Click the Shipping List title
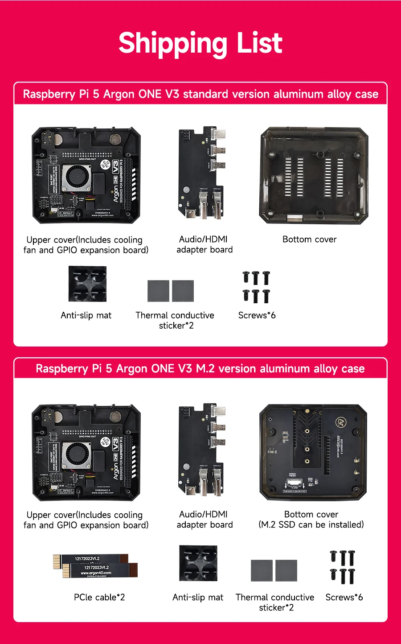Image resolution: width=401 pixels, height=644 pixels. coord(200,43)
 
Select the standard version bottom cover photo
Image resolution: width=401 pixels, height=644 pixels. coord(314,175)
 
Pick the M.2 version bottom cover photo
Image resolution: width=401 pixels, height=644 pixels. coord(313,452)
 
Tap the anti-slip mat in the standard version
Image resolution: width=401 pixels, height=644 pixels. coord(87,284)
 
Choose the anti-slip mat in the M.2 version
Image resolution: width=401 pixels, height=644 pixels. coord(198,563)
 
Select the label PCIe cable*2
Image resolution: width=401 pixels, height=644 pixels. coord(99,597)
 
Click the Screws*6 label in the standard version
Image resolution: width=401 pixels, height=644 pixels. coord(257,315)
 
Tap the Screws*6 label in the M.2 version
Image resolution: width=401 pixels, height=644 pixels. coord(344,597)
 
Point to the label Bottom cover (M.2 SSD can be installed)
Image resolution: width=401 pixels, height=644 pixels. coord(311,520)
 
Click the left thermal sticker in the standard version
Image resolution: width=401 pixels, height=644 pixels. coord(158,291)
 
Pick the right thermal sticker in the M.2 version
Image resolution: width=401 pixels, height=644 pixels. coord(286,570)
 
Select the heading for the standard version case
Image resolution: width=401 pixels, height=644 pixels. coord(200,94)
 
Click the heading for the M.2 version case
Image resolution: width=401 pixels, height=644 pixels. coord(200,369)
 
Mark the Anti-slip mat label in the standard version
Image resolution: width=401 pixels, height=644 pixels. coord(86,315)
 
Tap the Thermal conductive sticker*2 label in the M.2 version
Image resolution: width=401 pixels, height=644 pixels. coord(275,602)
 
